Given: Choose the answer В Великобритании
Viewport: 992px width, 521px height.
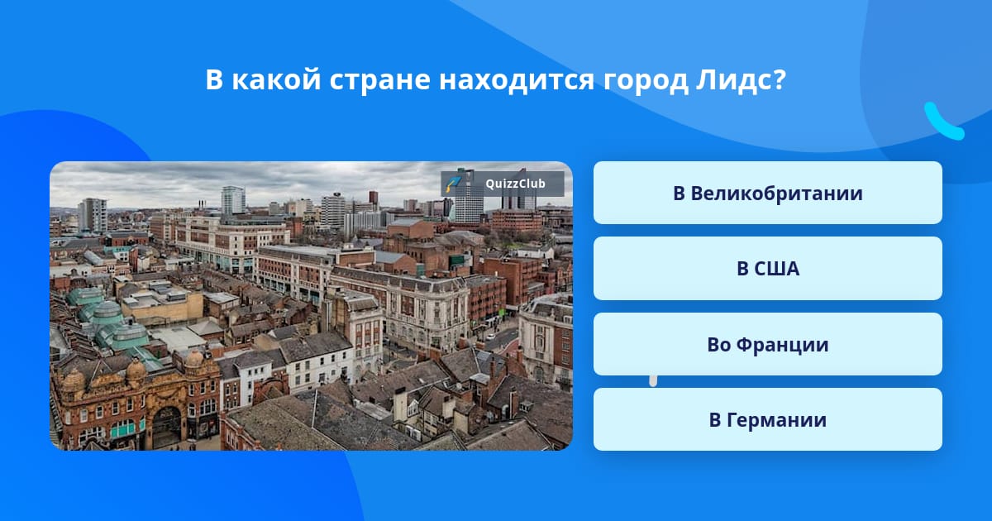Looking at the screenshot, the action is [767, 193].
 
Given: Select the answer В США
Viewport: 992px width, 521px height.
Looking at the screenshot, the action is [767, 269].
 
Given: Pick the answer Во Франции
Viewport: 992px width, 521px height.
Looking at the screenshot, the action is [767, 344].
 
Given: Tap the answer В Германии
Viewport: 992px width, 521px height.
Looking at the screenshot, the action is [767, 419].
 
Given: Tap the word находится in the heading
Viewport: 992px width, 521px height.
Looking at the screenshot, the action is [517, 81].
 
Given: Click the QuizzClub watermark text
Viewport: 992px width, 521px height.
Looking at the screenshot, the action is [515, 184].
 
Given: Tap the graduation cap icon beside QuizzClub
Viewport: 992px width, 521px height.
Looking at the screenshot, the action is [453, 184].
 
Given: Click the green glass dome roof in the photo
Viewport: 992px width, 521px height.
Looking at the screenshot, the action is [107, 313].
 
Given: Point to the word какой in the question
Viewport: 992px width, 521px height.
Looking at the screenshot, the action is [276, 79].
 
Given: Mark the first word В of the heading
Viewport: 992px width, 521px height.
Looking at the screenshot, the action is [213, 80].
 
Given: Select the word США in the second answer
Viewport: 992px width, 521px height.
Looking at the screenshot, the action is [777, 269].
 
